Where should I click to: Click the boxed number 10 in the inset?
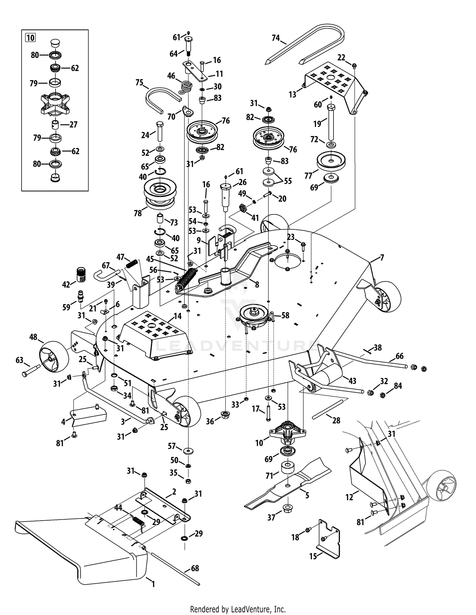(x=30, y=38)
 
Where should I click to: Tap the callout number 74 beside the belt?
(x=276, y=38)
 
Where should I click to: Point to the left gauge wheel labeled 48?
(x=53, y=356)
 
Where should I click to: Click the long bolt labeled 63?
(x=31, y=370)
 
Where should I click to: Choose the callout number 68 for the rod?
(x=195, y=568)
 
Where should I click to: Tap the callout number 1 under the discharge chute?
(x=153, y=584)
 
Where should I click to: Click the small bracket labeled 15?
(x=328, y=539)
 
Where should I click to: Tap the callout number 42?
(x=66, y=285)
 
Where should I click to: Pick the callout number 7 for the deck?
(x=382, y=258)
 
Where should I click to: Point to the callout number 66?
(x=399, y=356)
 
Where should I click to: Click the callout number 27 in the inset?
(x=73, y=125)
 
